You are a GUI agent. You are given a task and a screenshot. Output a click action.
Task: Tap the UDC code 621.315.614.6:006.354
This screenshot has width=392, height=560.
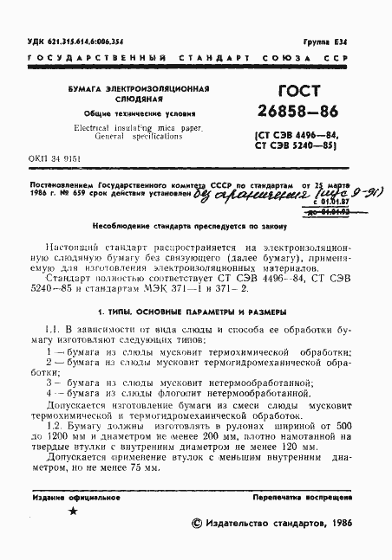88,42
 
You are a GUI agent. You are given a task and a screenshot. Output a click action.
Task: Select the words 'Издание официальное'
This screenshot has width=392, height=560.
67,499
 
